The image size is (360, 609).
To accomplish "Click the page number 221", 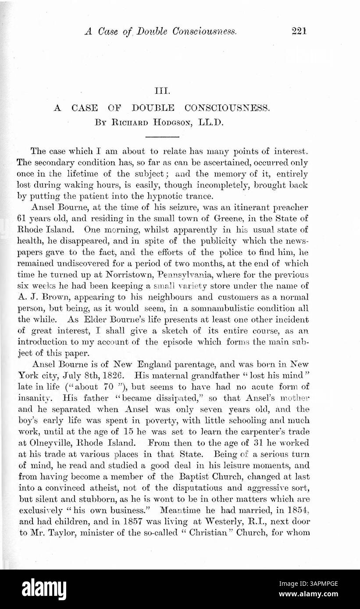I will click(297, 31).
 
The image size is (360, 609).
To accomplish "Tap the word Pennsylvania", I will click(183, 275).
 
